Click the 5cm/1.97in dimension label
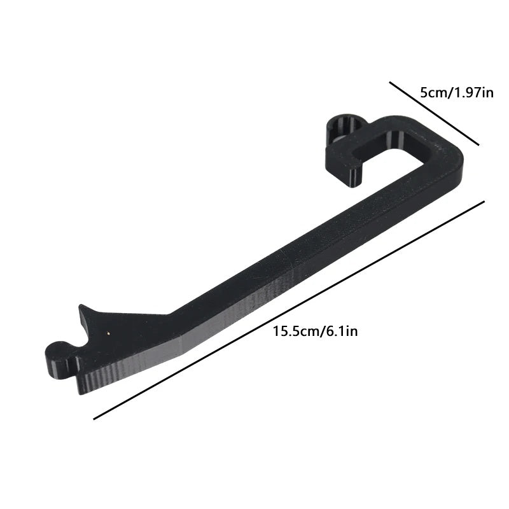point(457,93)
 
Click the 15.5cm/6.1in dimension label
point(315,331)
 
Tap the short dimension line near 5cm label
point(435,114)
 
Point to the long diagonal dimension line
point(289,310)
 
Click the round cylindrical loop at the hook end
point(344,128)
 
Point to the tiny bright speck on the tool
point(108,332)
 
